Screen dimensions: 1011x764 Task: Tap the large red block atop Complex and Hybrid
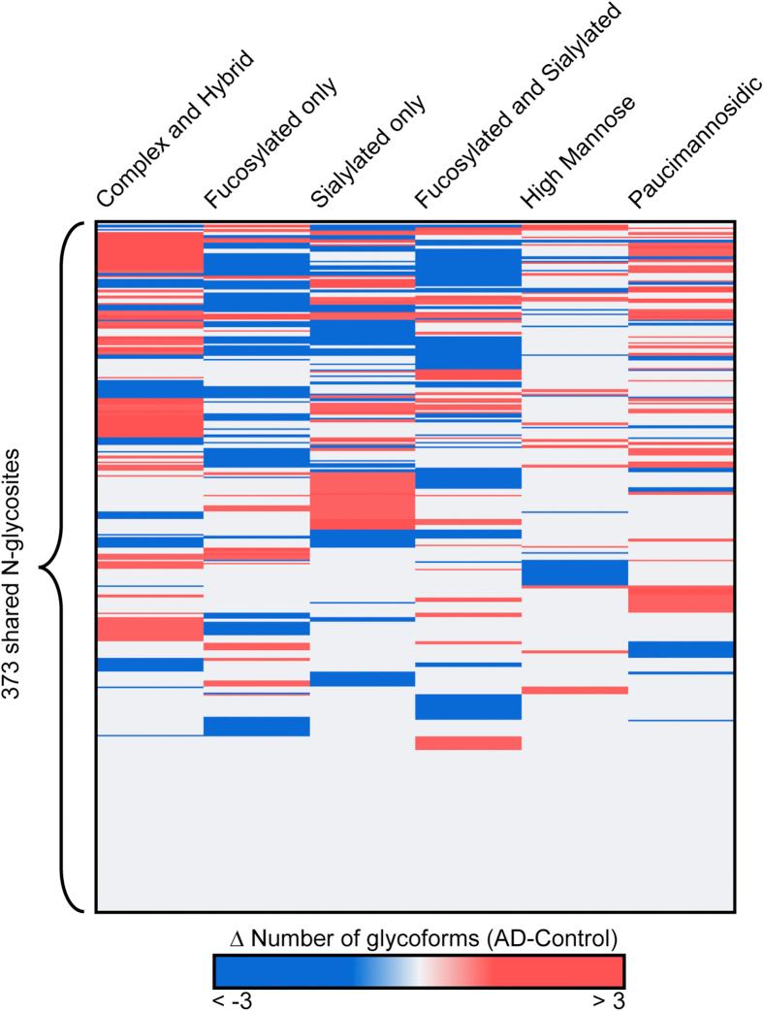tap(150, 252)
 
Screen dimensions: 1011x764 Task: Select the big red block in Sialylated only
tap(362, 500)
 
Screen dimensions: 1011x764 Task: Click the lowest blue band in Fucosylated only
tap(256, 726)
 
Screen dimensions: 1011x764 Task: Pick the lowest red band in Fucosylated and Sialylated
tap(468, 742)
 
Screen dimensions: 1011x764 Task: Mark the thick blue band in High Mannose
tap(575, 572)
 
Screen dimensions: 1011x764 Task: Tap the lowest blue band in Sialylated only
tap(362, 679)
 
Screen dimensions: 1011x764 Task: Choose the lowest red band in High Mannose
tap(575, 690)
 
